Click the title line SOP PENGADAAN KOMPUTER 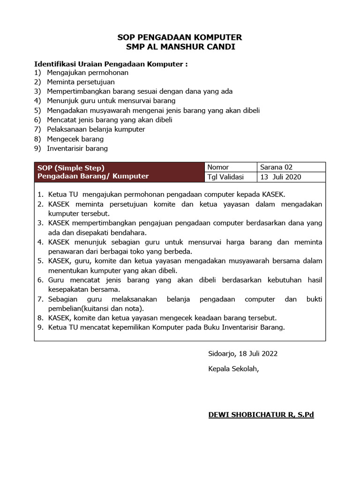pyautogui.click(x=180, y=37)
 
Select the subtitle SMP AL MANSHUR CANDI pyautogui.click(x=180, y=47)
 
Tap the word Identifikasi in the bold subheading pyautogui.click(x=56, y=64)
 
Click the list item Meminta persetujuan pyautogui.click(x=81, y=82)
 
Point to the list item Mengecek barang pyautogui.click(x=75, y=139)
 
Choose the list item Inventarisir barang pyautogui.click(x=77, y=148)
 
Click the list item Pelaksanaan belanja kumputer pyautogui.click(x=96, y=129)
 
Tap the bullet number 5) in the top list pyautogui.click(x=37, y=111)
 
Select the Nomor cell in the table pyautogui.click(x=218, y=167)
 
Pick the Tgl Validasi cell pyautogui.click(x=225, y=177)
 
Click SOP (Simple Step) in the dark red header pyautogui.click(x=71, y=167)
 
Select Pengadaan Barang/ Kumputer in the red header pyautogui.click(x=93, y=176)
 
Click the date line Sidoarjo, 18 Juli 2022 pyautogui.click(x=246, y=353)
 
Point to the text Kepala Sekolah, pyautogui.click(x=233, y=368)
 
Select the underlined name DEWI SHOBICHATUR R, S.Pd pyautogui.click(x=261, y=415)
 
